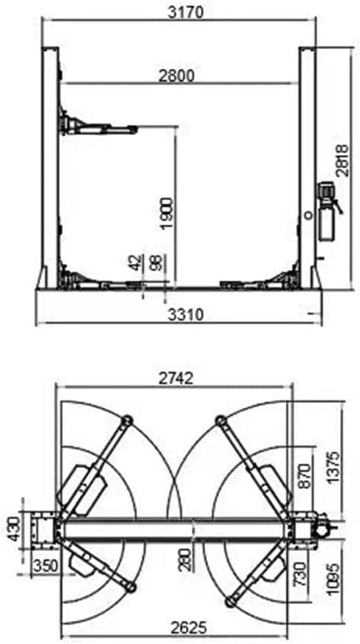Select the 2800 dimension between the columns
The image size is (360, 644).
click(x=176, y=75)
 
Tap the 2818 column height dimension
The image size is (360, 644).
click(x=341, y=160)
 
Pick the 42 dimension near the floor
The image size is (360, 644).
click(x=135, y=263)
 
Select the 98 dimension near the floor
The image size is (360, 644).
click(x=155, y=263)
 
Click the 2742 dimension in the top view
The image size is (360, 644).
click(x=176, y=378)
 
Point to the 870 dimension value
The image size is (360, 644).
click(x=303, y=476)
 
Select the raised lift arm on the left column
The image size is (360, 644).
click(x=100, y=128)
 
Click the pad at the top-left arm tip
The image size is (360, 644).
click(x=126, y=422)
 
